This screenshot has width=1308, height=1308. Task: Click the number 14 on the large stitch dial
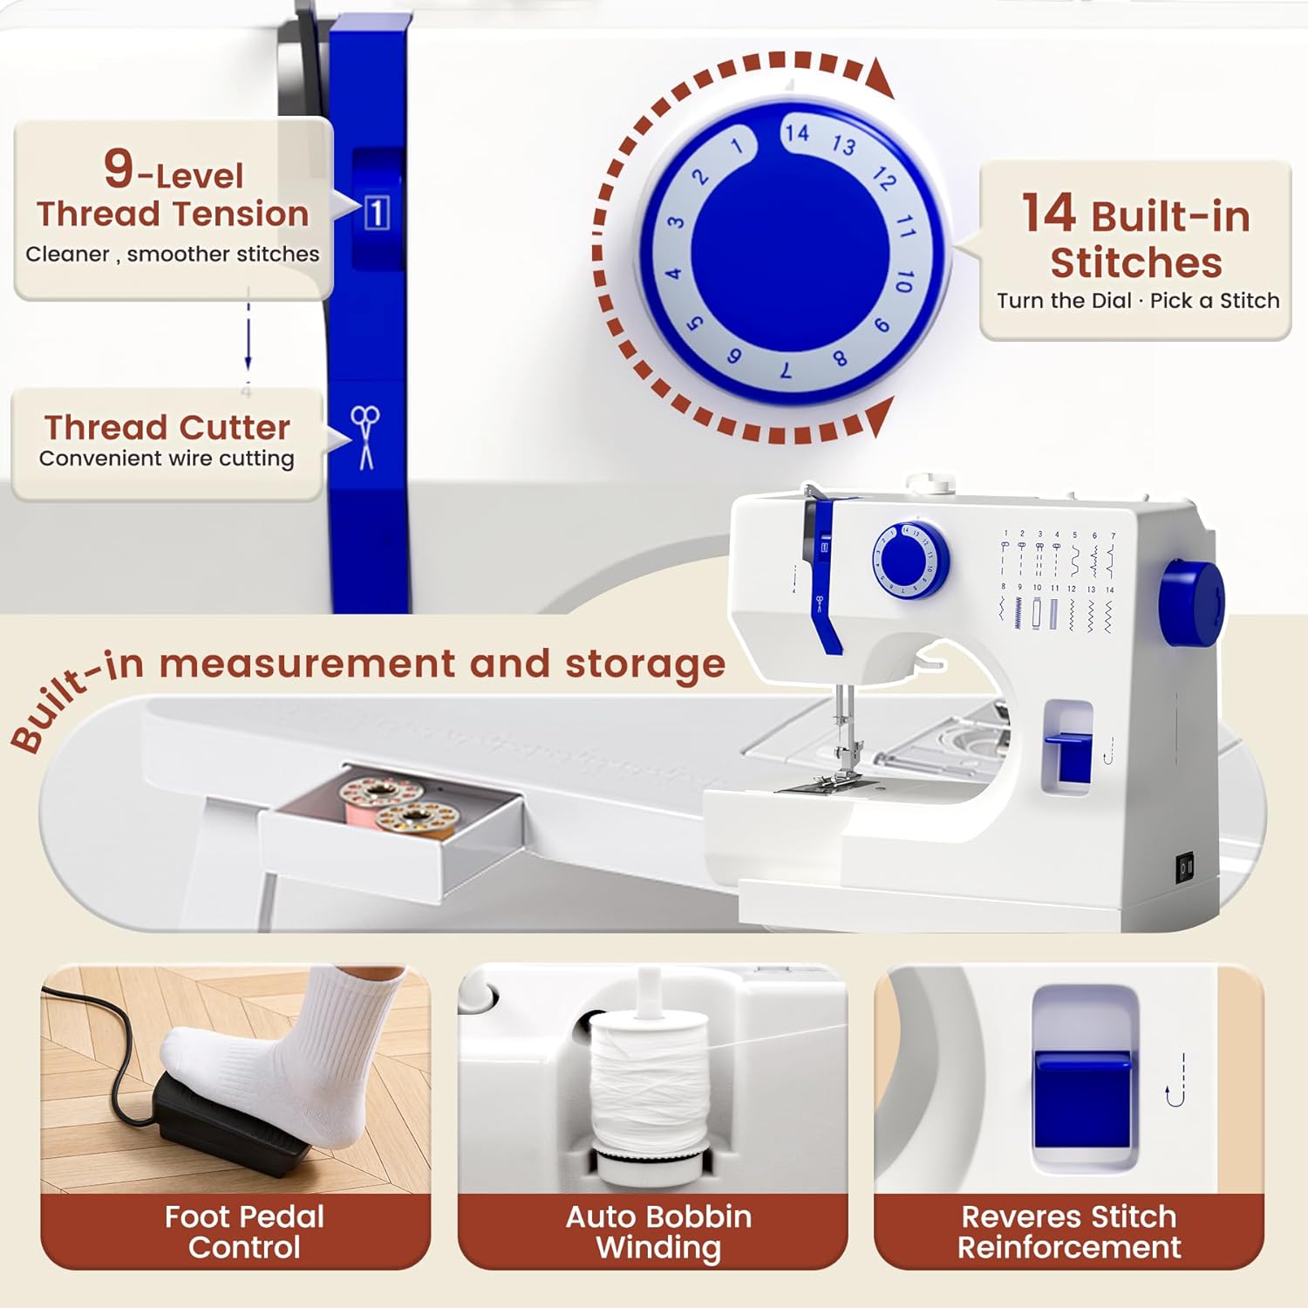(796, 133)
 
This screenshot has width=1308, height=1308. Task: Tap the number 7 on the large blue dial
(786, 371)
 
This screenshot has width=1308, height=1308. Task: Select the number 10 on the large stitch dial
(904, 281)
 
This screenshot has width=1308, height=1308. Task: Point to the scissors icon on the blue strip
(365, 437)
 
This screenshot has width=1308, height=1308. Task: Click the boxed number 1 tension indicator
(376, 213)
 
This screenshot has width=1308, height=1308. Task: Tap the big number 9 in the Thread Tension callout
(119, 168)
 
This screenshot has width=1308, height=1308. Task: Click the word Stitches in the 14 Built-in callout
(1135, 262)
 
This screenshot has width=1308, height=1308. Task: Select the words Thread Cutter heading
(167, 427)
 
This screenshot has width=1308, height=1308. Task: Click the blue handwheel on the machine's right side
(1191, 604)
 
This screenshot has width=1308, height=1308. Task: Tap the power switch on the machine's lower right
(1186, 868)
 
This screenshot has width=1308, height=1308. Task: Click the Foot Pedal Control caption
(244, 1231)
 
